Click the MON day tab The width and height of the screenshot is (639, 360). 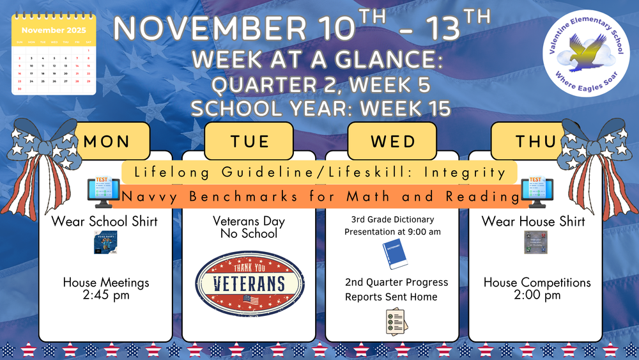pos(107,141)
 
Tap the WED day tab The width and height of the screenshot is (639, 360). pos(392,141)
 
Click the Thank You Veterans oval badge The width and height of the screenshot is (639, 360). pos(249,284)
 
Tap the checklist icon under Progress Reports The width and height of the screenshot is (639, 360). pos(394,321)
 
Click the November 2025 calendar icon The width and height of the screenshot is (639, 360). pos(54,56)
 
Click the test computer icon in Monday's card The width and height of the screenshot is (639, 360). pos(103,192)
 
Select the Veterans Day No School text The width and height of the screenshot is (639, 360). pos(249,228)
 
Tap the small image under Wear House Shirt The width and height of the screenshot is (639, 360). pos(535,242)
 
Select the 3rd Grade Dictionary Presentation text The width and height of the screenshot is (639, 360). pos(393,226)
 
